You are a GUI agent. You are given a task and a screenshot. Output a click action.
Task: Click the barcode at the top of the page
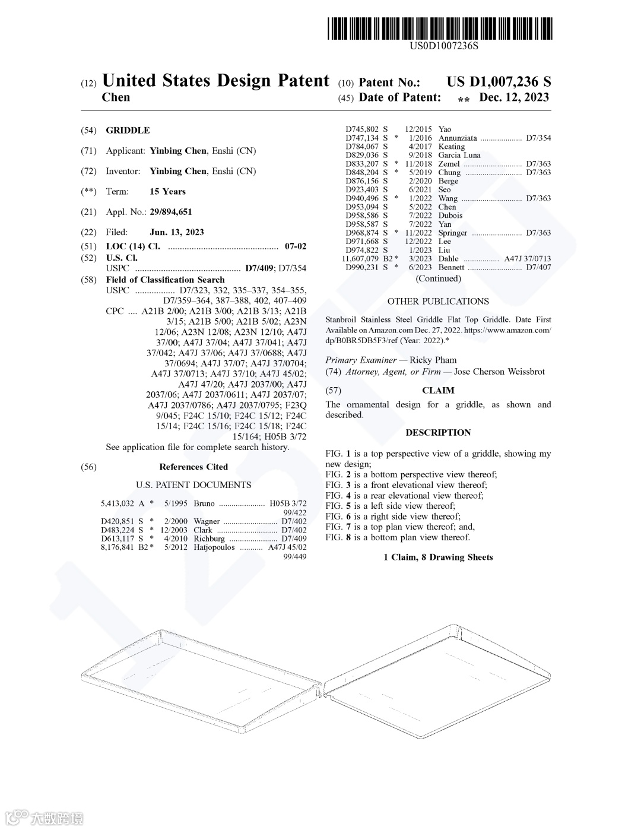[439, 28]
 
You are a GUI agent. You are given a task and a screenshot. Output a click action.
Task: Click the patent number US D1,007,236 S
[499, 82]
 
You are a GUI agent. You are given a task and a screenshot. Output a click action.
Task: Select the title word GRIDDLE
[128, 131]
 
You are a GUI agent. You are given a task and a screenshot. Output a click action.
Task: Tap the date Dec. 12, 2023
[514, 97]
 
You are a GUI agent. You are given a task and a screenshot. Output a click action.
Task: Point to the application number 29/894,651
[171, 212]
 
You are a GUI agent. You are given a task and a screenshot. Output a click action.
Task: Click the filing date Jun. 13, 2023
[177, 232]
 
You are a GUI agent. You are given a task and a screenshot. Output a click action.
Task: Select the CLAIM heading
[438, 391]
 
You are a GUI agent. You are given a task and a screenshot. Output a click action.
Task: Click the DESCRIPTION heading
[438, 433]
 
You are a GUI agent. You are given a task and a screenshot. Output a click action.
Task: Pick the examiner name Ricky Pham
[433, 360]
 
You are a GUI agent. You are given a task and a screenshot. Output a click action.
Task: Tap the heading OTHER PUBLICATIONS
[438, 302]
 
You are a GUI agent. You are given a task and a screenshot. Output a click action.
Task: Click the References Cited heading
[193, 467]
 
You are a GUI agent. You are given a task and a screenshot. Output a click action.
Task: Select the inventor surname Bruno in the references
[204, 503]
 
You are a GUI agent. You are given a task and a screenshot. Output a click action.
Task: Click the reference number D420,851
[118, 521]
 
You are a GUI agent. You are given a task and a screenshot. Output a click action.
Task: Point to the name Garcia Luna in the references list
[459, 155]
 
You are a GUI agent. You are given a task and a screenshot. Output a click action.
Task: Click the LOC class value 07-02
[296, 246]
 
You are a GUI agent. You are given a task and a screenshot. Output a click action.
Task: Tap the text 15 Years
[167, 192]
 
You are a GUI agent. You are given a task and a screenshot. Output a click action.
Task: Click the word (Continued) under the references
[438, 278]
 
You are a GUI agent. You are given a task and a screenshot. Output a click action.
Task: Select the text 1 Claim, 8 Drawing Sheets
[438, 557]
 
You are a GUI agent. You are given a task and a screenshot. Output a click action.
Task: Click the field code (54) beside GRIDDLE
[88, 131]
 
